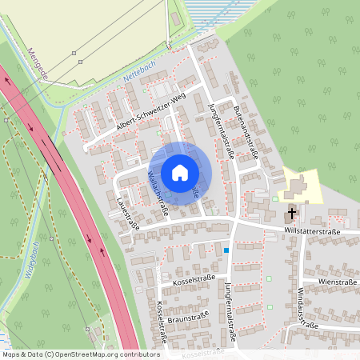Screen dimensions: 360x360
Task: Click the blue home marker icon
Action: (x=180, y=173)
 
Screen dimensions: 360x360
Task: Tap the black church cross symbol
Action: (x=292, y=214)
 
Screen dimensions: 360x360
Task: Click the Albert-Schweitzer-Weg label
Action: (x=150, y=114)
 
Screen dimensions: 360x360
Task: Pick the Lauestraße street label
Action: (x=128, y=214)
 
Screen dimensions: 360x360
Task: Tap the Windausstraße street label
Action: (x=306, y=308)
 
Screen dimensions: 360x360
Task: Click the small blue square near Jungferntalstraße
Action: (x=226, y=250)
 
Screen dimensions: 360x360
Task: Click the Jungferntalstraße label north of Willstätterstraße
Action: (x=218, y=134)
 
